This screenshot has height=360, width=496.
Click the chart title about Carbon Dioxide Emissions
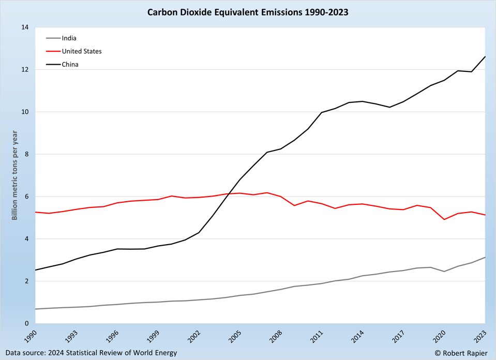(x=248, y=11)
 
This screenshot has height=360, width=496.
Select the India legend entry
(x=69, y=38)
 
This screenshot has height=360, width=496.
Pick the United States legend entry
(x=81, y=51)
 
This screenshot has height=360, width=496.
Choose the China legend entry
(x=70, y=65)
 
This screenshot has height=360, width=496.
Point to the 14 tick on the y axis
(x=24, y=27)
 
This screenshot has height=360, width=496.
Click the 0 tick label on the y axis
(x=26, y=324)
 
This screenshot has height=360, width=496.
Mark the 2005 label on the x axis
(x=235, y=336)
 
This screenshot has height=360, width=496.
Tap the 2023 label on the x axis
(x=480, y=336)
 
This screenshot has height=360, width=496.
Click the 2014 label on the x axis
(x=358, y=336)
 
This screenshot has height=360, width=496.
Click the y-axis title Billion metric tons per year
(x=14, y=175)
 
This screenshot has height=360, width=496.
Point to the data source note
(x=92, y=353)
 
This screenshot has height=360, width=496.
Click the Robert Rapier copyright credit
(x=460, y=353)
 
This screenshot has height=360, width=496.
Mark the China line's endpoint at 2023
(x=485, y=56)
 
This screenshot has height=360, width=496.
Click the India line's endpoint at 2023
(x=485, y=257)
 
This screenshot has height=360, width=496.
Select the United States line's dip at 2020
(x=444, y=219)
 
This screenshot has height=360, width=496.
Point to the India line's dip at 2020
(x=444, y=272)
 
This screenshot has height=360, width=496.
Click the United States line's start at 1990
(x=35, y=212)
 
